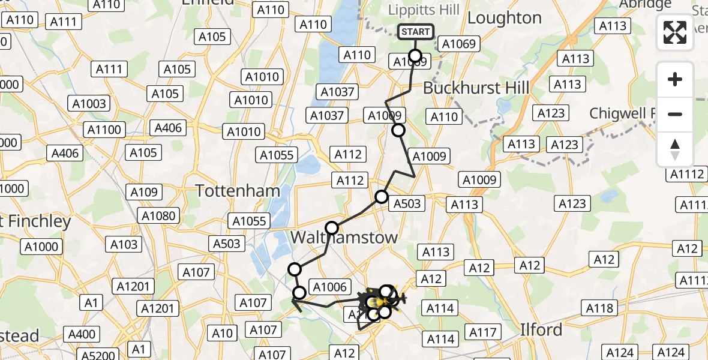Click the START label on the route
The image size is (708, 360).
(x=415, y=32)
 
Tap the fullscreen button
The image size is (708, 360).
(x=675, y=32)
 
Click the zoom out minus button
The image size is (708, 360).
(x=675, y=114)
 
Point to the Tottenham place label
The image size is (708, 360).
(x=238, y=191)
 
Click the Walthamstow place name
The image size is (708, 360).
(x=344, y=238)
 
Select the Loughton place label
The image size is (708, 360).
(x=504, y=18)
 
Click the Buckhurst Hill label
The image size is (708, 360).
(x=476, y=88)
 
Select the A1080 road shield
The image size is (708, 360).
(x=158, y=216)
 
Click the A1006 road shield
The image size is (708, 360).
(x=329, y=287)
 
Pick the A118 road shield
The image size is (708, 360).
(x=599, y=308)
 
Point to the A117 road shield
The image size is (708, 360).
(x=483, y=332)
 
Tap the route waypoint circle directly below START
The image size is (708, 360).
(x=415, y=59)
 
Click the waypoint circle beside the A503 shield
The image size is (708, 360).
(x=382, y=197)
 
